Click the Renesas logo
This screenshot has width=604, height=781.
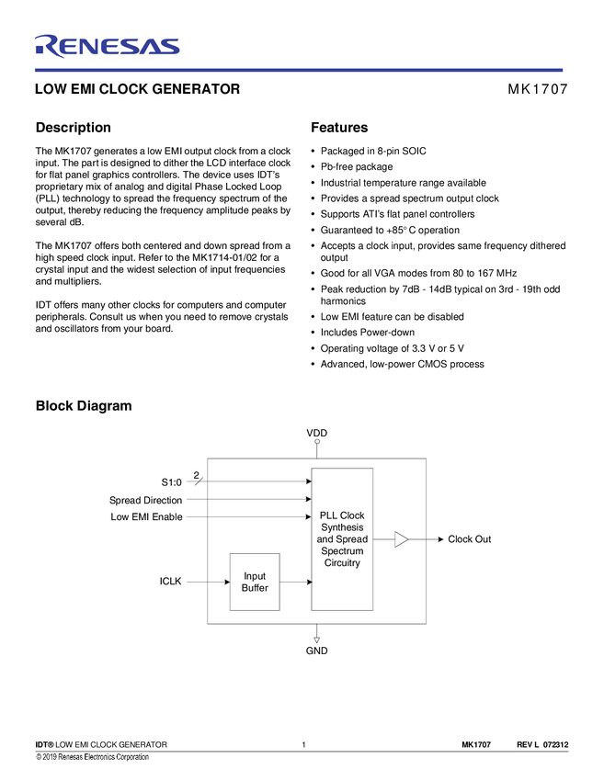click(107, 45)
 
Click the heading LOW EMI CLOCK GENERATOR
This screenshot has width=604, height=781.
click(137, 89)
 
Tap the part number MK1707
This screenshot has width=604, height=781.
click(537, 89)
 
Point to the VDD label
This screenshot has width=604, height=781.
click(316, 432)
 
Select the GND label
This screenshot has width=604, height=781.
click(316, 651)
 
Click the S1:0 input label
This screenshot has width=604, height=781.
click(171, 481)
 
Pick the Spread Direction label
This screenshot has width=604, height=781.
click(145, 500)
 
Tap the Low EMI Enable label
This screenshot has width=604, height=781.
click(146, 516)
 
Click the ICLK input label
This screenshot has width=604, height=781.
click(170, 582)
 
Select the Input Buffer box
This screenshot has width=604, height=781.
click(255, 582)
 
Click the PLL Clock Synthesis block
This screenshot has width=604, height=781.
click(342, 538)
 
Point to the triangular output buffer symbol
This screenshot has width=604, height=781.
click(401, 539)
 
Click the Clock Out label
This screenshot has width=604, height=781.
click(469, 539)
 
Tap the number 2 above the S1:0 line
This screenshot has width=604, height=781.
click(196, 474)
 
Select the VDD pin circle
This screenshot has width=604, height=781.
click(316, 442)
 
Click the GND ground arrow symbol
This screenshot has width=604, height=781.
click(316, 639)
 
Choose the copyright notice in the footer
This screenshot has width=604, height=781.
click(92, 756)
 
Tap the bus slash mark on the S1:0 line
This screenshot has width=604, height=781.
click(199, 481)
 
